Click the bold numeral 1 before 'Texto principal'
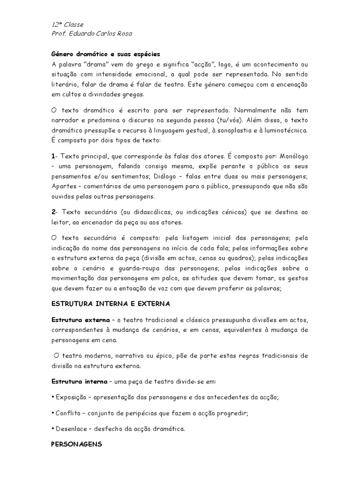[52, 155]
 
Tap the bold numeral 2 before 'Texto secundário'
[53, 212]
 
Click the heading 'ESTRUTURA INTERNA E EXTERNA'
[110, 304]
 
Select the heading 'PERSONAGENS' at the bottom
[76, 443]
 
